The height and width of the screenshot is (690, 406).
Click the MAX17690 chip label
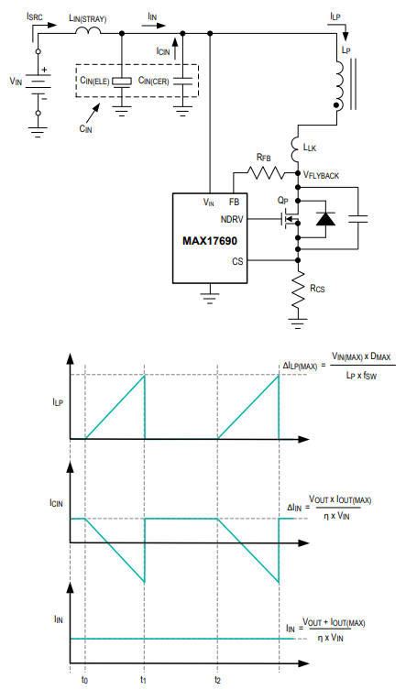pyautogui.click(x=210, y=241)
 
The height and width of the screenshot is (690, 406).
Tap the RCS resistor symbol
pyautogui.click(x=298, y=290)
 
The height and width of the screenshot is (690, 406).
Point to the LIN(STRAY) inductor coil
pyautogui.click(x=89, y=30)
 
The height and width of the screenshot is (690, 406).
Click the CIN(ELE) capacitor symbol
pyautogui.click(x=122, y=82)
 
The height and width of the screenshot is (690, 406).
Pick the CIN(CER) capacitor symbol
pyautogui.click(x=182, y=81)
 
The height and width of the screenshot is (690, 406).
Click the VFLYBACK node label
pyautogui.click(x=321, y=175)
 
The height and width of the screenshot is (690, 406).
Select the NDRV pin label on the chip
pyautogui.click(x=232, y=219)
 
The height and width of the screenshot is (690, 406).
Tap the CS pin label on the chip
pyautogui.click(x=237, y=261)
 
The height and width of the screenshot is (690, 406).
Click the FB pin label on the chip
pyautogui.click(x=235, y=202)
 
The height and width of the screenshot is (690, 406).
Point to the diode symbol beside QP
pyautogui.click(x=325, y=219)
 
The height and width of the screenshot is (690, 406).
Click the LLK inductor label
pyautogui.click(x=310, y=148)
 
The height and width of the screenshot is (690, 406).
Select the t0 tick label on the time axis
pyautogui.click(x=84, y=679)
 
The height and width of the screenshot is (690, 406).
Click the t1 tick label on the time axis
pyautogui.click(x=143, y=679)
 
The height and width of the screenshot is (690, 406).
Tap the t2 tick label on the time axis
pyautogui.click(x=217, y=679)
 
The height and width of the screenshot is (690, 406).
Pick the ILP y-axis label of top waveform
pyautogui.click(x=58, y=402)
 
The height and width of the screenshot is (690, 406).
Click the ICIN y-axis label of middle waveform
pyautogui.click(x=57, y=502)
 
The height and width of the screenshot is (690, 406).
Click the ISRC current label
pyautogui.click(x=35, y=16)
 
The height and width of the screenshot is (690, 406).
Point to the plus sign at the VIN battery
pyautogui.click(x=45, y=70)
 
